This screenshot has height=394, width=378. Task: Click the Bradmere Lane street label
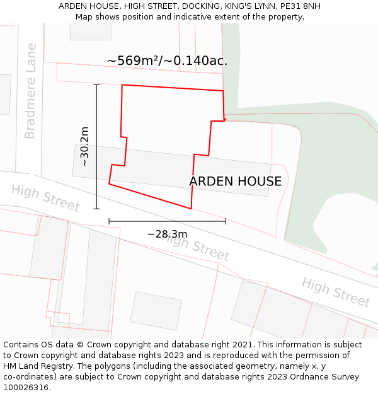click(x=30, y=91)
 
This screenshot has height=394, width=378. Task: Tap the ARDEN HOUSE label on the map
click(x=235, y=182)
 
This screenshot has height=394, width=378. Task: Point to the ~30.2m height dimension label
click(x=84, y=146)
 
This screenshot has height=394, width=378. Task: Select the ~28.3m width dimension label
click(x=167, y=235)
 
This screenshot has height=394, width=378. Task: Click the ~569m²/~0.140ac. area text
click(x=167, y=61)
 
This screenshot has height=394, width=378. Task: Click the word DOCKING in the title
click(x=204, y=6)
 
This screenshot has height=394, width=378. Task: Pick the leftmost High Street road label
click(x=45, y=198)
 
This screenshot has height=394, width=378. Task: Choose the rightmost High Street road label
click(x=335, y=292)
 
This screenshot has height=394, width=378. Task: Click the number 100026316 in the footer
click(x=26, y=387)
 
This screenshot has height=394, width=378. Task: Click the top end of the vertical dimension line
click(x=96, y=84)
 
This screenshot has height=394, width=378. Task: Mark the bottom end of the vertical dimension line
click(x=96, y=209)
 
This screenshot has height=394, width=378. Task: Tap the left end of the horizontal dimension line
click(x=109, y=221)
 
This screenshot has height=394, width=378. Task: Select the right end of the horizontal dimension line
click(x=225, y=221)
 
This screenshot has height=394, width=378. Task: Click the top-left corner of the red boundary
click(x=122, y=84)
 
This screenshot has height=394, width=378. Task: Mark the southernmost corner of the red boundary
click(x=191, y=209)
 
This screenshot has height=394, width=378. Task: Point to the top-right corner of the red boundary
click(x=224, y=91)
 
